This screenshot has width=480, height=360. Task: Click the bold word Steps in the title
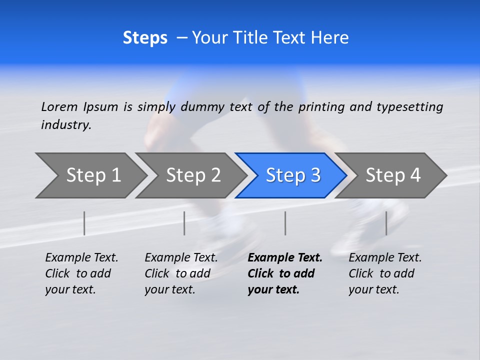click(x=145, y=38)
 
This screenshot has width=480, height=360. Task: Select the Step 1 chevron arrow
click(x=90, y=175)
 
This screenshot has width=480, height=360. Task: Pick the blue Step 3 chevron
click(x=291, y=175)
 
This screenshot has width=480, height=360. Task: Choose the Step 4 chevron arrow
click(x=391, y=175)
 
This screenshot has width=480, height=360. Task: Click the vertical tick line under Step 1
click(x=84, y=223)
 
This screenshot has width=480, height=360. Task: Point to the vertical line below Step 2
click(x=184, y=223)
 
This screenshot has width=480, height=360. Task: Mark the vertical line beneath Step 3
click(x=285, y=223)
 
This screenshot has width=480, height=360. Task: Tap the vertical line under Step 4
click(x=386, y=223)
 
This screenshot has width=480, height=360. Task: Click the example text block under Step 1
click(x=81, y=273)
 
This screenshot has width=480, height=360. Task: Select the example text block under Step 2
click(x=180, y=273)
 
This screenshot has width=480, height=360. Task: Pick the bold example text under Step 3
click(x=284, y=273)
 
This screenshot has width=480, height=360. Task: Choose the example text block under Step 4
click(x=384, y=273)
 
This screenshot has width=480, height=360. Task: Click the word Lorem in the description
click(x=59, y=106)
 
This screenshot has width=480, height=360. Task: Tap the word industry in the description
click(x=66, y=124)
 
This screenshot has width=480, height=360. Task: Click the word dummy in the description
click(x=203, y=107)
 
